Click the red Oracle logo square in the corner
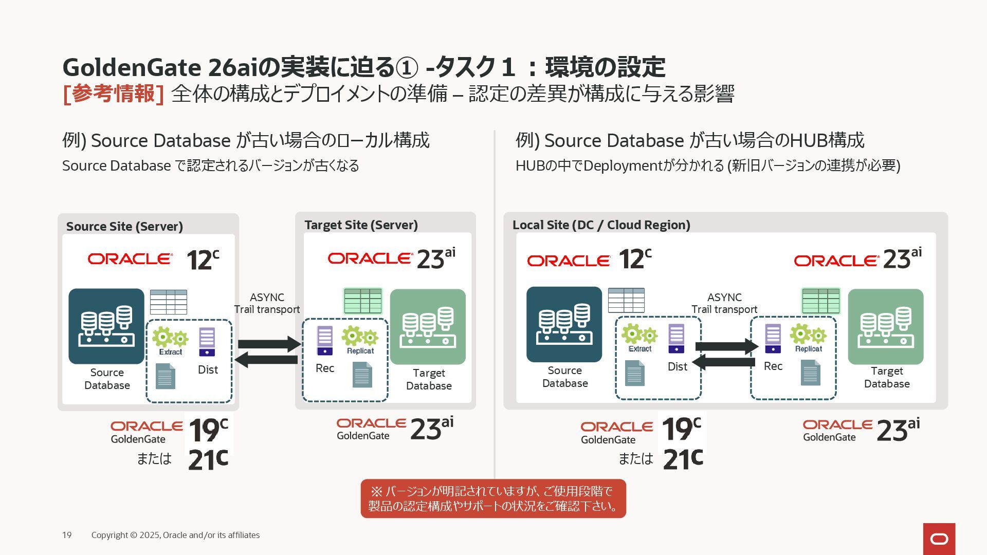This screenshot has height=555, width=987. pos(939,539)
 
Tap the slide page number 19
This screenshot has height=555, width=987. pos(67,535)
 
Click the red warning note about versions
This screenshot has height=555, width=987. pos(493,498)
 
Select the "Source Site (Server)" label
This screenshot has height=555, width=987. pos(124,226)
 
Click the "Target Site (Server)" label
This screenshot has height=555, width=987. pos(361,225)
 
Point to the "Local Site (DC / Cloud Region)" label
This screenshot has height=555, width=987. pos(601,225)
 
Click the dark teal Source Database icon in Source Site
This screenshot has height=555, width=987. pos(106,326)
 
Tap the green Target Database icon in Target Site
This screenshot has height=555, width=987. pos(428,326)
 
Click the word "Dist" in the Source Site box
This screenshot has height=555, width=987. pos(208,369)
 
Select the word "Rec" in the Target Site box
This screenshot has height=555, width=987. pos(325,368)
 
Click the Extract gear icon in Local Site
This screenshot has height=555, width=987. pos(639,335)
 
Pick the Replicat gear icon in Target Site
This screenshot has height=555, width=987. pos(360,337)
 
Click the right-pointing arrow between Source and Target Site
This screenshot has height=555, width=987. pos(269,344)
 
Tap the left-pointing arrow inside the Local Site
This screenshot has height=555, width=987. pos(724,362)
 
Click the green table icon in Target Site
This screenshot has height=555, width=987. pos(363,301)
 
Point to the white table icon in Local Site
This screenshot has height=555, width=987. pos(626,300)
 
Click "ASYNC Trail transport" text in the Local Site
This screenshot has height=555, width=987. pos(724,303)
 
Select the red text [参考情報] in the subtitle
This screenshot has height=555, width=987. pos(113,94)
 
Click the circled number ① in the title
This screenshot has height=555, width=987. pos(407,67)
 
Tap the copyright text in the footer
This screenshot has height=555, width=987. pos(175,535)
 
